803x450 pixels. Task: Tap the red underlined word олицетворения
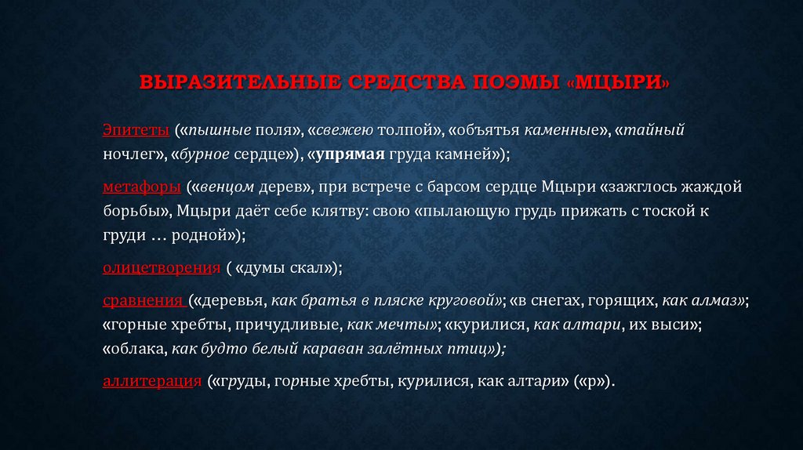pyautogui.click(x=161, y=268)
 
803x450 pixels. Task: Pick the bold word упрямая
pyautogui.click(x=351, y=154)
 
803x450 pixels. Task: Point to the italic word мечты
pyautogui.click(x=409, y=325)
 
